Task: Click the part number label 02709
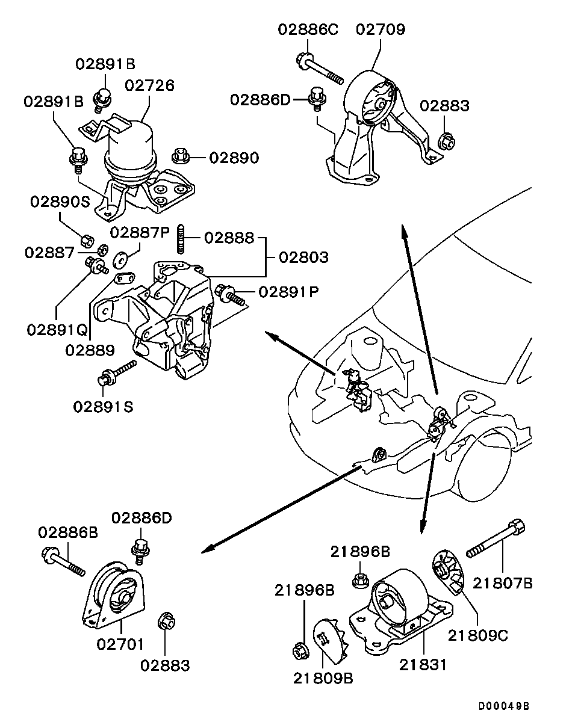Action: coord(380,29)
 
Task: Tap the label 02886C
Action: coord(308,29)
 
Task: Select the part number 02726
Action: coord(149,85)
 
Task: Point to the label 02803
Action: coord(304,258)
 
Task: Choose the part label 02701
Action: coord(120,644)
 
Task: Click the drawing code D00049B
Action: coord(505,706)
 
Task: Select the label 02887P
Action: coord(140,233)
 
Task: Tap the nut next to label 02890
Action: coord(181,156)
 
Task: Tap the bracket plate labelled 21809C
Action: coord(448,569)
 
